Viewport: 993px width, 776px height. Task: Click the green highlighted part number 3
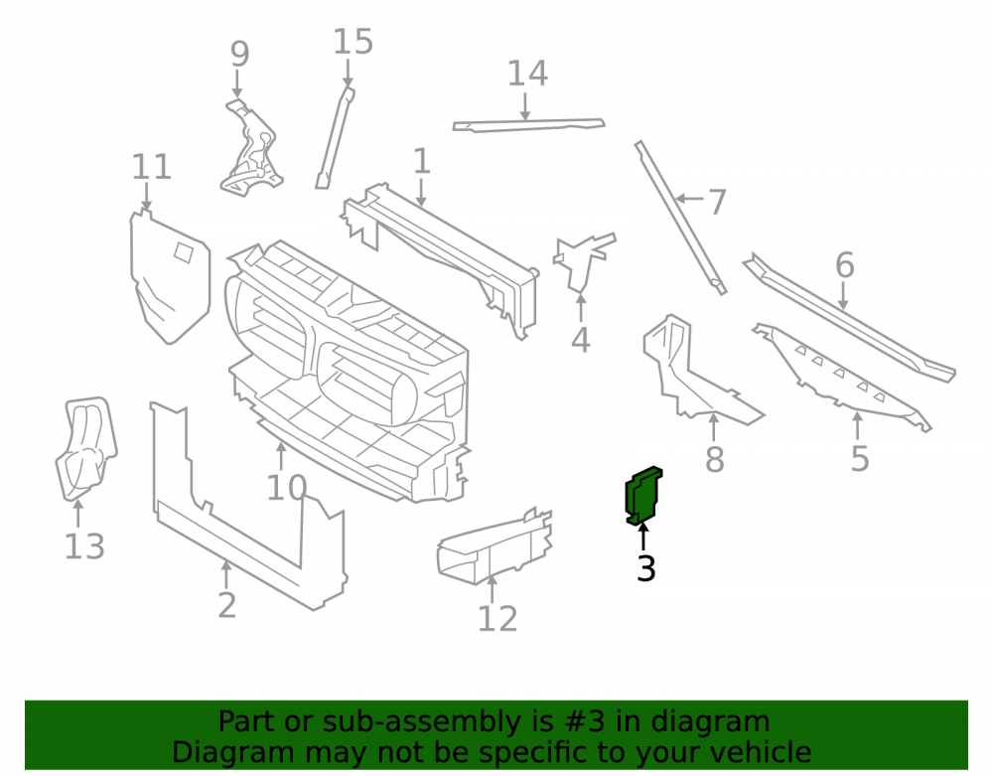coord(642,496)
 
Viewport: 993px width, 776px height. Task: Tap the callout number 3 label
coord(646,568)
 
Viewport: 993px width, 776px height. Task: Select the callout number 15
coord(353,42)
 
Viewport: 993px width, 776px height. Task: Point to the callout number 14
coord(527,74)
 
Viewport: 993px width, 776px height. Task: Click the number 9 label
coord(239,55)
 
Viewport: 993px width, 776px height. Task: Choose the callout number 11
coord(151,167)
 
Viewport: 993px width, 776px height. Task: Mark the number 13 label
coord(84,546)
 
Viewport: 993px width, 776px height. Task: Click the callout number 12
coord(497,619)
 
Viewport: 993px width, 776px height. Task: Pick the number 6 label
coord(845,264)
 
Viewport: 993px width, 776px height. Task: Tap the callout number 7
coord(716,202)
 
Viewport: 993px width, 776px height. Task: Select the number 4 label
coord(581,340)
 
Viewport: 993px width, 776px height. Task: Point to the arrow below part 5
coord(857,425)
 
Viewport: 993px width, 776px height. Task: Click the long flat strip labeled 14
coord(529,125)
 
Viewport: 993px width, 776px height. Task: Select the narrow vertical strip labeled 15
coord(335,137)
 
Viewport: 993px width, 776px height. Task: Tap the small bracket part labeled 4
coord(583,262)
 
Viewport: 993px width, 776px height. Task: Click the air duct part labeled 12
coord(495,546)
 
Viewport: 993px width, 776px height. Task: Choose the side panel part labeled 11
coord(169,277)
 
